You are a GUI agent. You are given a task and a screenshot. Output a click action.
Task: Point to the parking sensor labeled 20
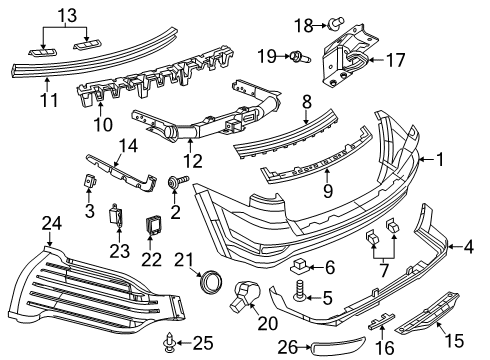click(244, 293)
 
